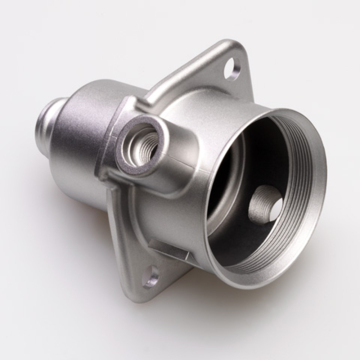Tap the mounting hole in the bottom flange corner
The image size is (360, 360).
point(152,279)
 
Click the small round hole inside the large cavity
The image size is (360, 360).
point(261,208)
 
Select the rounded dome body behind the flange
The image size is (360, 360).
point(95,120)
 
